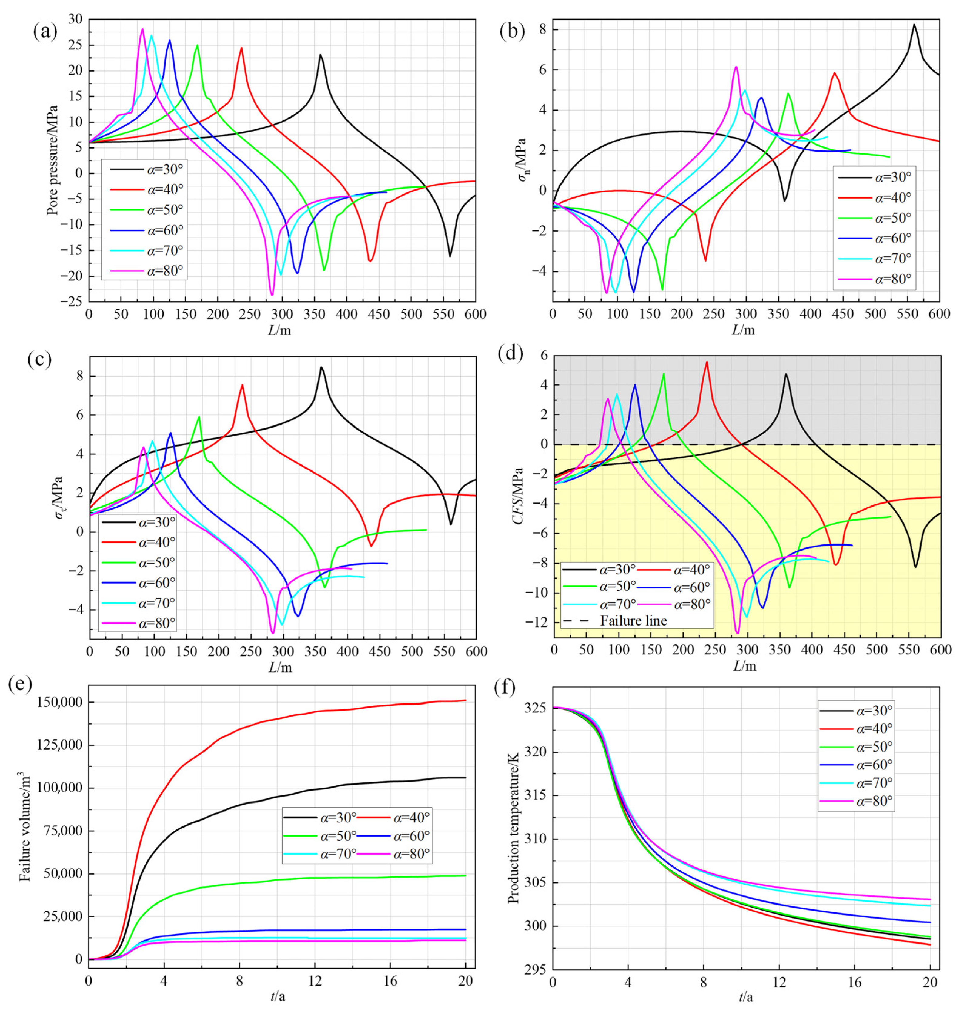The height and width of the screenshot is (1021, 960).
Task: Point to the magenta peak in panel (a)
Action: [x=142, y=29]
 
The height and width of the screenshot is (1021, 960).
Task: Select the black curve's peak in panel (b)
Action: [x=914, y=25]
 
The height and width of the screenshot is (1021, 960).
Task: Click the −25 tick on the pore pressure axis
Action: [x=71, y=302]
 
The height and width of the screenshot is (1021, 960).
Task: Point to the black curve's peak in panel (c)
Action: [x=321, y=367]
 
